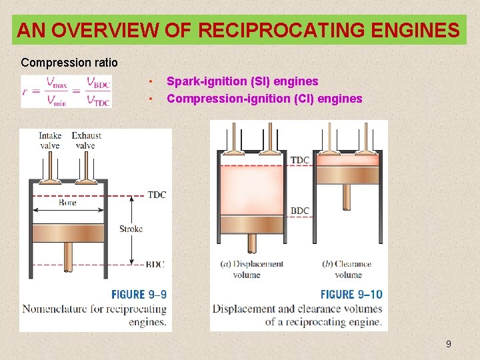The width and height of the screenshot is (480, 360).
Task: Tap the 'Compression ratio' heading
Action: pos(69,63)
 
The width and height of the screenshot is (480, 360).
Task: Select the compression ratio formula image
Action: pos(66,90)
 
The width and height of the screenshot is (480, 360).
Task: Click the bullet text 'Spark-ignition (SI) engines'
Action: pos(242,81)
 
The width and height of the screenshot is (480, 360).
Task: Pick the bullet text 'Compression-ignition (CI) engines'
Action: pos(264,99)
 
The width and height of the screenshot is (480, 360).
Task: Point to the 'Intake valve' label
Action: pos(50,141)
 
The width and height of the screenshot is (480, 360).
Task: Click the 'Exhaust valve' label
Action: pos(86,141)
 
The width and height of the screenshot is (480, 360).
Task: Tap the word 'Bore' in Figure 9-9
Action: pos(67,202)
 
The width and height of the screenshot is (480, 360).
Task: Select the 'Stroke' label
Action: pos(131,229)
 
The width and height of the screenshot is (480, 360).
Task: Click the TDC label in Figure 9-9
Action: pos(157,195)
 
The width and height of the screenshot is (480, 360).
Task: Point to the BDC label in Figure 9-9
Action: pos(155,265)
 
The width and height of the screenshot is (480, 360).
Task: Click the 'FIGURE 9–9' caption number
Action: pos(139,294)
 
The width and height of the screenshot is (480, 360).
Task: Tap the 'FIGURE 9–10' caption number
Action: pos(351,294)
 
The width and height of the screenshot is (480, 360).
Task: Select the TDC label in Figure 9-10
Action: pos(300,160)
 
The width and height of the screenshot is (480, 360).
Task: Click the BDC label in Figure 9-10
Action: pos(300,211)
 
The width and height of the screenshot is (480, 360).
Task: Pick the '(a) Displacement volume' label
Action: pos(251,269)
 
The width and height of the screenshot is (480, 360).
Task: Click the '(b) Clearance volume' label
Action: pos(347,269)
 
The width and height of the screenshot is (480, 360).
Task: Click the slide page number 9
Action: pos(448,344)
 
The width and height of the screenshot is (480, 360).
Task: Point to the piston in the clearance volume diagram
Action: pos(347,175)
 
